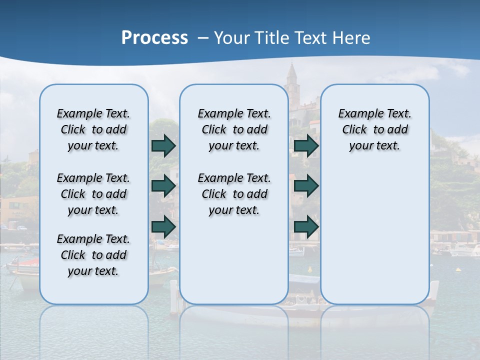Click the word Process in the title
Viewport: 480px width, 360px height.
(154, 38)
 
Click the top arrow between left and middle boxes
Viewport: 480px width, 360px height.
(163, 146)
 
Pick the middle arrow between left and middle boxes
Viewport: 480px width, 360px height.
(163, 186)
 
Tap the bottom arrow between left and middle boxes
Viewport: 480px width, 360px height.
(163, 226)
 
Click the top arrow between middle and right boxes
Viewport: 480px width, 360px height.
(306, 146)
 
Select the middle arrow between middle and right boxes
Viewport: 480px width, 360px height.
(306, 186)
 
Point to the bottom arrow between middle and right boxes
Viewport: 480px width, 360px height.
(306, 226)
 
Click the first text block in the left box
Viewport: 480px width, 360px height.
(93, 129)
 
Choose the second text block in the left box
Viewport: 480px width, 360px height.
(93, 194)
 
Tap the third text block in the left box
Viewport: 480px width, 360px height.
(93, 255)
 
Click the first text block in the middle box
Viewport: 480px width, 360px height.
(234, 129)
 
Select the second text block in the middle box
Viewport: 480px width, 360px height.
(234, 194)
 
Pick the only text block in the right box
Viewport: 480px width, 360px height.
(374, 129)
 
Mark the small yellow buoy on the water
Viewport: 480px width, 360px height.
(458, 269)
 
